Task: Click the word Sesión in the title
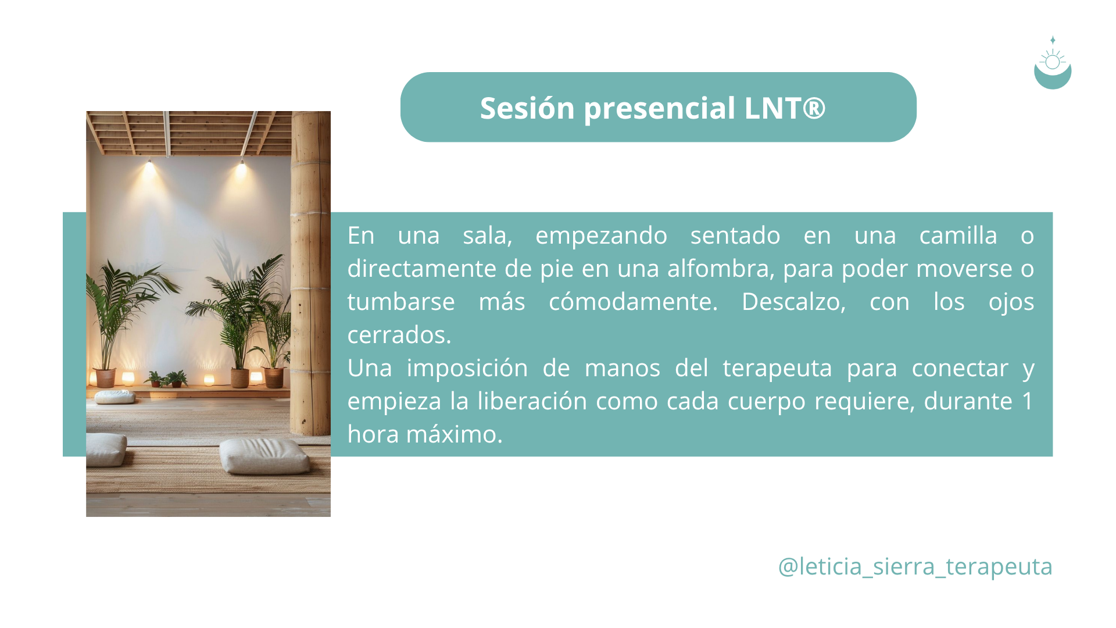(527, 108)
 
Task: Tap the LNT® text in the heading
(785, 108)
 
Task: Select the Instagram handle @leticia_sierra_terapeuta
(915, 566)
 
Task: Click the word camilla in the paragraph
(958, 235)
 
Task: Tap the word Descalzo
(793, 302)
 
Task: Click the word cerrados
(399, 335)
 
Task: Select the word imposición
(467, 368)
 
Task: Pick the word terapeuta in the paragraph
(777, 369)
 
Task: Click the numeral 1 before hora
(1028, 401)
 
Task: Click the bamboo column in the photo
(310, 273)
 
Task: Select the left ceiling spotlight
(149, 165)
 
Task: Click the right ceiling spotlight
(242, 166)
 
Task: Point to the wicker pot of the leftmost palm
(106, 378)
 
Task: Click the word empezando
(601, 236)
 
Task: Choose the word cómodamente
(633, 302)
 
